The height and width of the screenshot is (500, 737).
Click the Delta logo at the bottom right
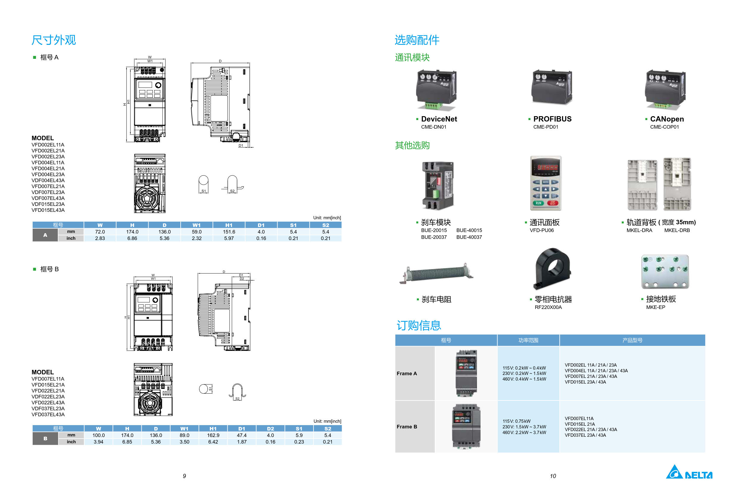[689, 472]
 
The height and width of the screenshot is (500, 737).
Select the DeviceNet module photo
[436, 90]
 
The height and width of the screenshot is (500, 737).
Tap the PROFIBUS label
[552, 119]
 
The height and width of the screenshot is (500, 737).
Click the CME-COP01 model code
[664, 127]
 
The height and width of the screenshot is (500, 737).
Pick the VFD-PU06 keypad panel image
[545, 183]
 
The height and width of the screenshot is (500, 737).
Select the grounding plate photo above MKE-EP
[665, 272]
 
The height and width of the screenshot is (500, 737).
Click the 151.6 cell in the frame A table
[229, 232]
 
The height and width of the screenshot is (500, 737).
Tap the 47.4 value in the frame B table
[242, 435]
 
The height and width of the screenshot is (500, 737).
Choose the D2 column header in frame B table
[270, 429]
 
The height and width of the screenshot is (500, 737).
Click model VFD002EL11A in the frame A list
[48, 145]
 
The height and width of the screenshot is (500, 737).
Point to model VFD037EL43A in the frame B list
[48, 414]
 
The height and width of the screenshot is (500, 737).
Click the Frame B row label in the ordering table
[407, 427]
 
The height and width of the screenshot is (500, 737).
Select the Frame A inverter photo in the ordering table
[466, 373]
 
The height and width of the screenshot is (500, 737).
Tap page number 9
[184, 476]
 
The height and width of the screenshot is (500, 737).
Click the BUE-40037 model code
[469, 237]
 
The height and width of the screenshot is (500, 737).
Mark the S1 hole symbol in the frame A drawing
[204, 184]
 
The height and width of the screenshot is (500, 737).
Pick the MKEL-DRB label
[677, 231]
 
